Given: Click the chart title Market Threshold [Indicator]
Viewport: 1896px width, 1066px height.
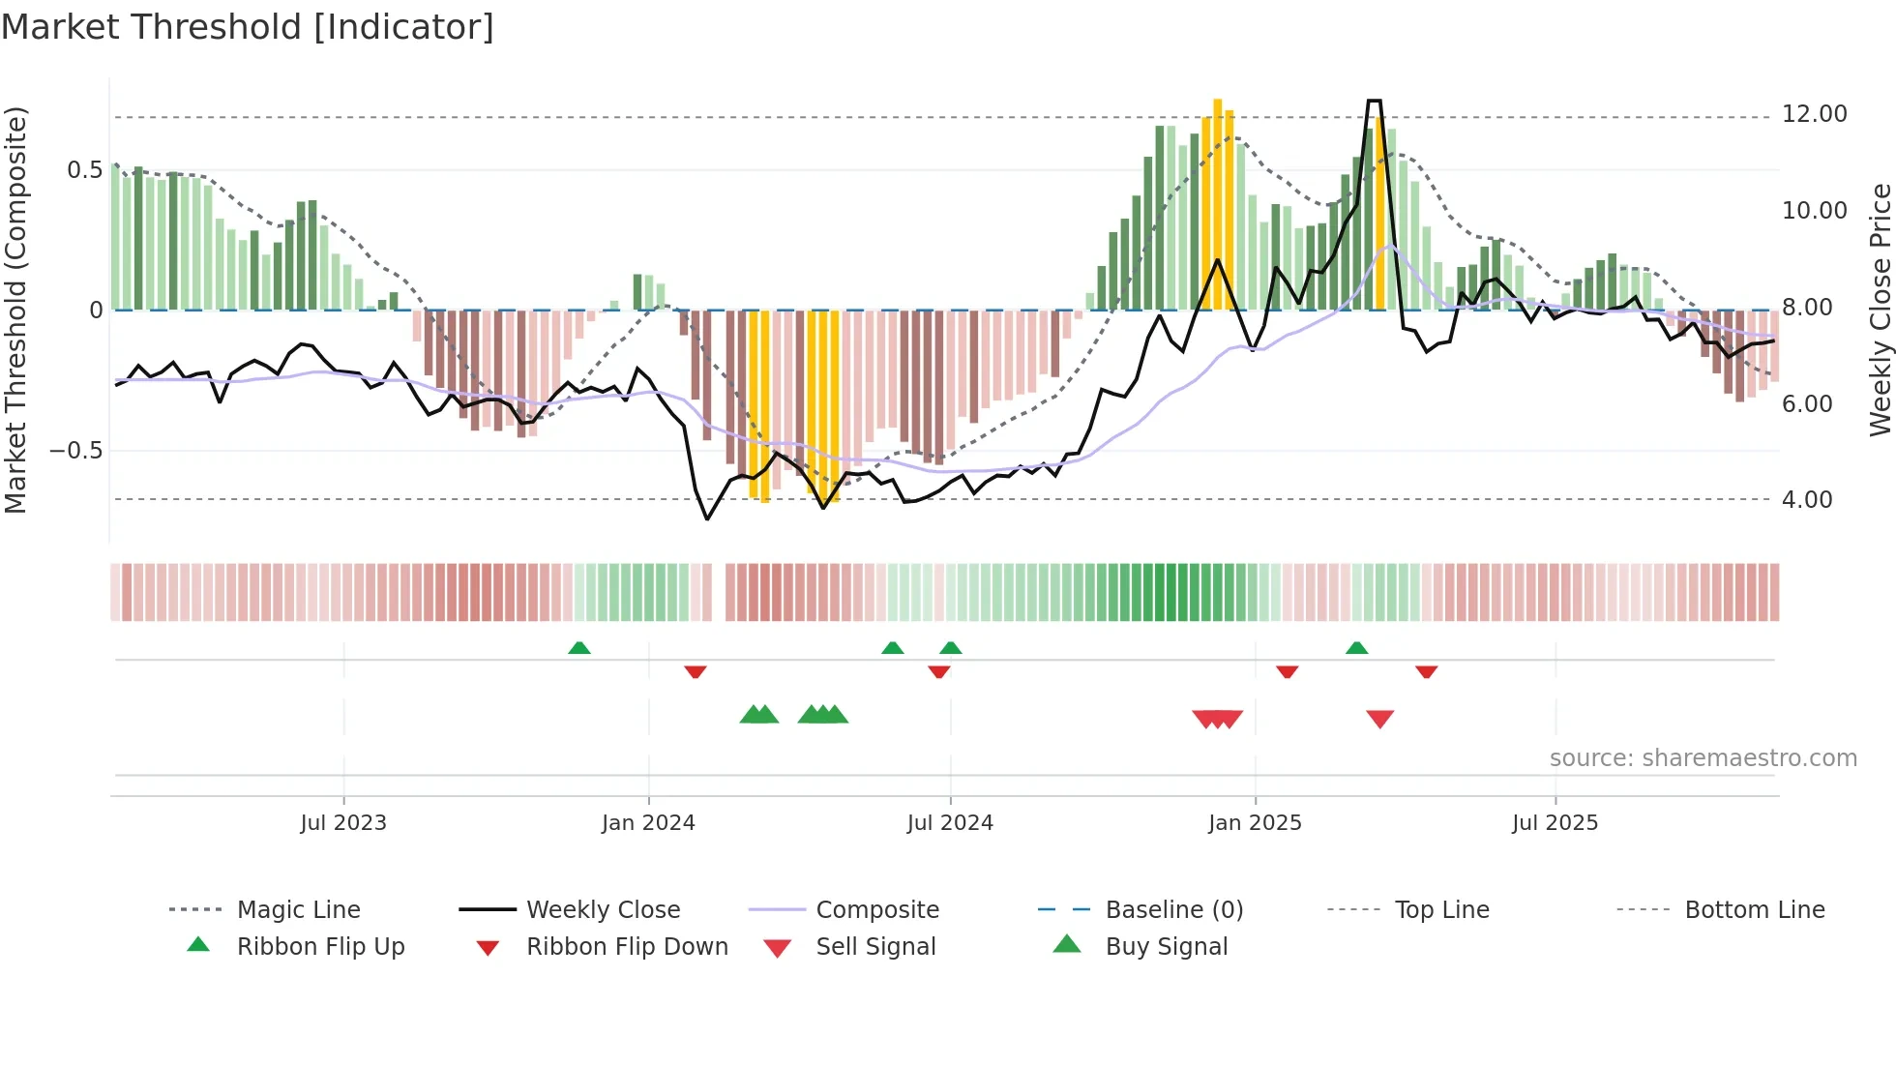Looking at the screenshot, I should click(x=248, y=27).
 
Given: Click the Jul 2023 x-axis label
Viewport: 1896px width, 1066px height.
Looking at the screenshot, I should click(x=343, y=823).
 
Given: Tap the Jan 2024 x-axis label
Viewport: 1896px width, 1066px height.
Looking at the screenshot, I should click(x=648, y=823).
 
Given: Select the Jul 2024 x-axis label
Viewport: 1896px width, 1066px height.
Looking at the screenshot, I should click(x=950, y=823).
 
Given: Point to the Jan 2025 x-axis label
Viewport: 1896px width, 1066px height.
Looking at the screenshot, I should click(x=1255, y=823).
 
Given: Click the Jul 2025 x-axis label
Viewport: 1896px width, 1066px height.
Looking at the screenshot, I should click(x=1555, y=823).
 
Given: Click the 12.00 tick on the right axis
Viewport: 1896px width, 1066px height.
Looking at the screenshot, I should click(x=1814, y=114).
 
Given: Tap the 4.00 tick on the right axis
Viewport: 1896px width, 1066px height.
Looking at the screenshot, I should click(x=1806, y=500).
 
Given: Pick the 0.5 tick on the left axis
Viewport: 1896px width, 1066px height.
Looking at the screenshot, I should click(x=84, y=170).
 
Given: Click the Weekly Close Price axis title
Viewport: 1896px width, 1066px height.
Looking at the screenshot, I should click(x=1880, y=310).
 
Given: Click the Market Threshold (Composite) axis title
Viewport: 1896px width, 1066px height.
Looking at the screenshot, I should click(x=15, y=310).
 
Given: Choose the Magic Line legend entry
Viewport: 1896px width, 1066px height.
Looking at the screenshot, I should click(x=298, y=910).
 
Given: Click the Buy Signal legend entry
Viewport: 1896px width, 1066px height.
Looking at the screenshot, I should click(x=1166, y=947).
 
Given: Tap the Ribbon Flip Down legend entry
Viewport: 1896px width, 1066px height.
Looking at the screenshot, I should click(x=627, y=947).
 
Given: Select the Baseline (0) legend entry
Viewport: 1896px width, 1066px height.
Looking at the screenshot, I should click(x=1173, y=910).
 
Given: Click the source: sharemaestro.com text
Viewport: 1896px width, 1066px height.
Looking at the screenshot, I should click(x=1703, y=758).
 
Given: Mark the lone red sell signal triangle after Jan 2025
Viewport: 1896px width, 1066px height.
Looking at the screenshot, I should click(x=1379, y=719).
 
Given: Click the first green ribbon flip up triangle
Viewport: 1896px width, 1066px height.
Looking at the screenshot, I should click(x=578, y=648).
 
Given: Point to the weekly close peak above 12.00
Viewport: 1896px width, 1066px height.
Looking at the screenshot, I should click(x=1374, y=101).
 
